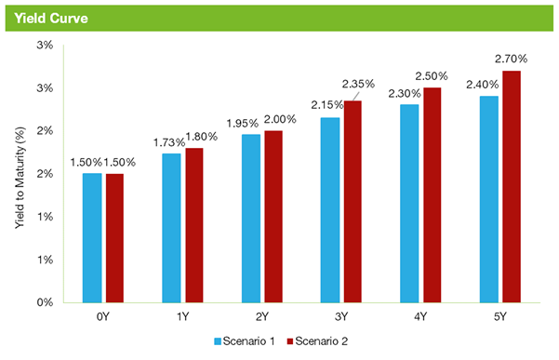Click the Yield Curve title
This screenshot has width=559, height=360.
click(51, 19)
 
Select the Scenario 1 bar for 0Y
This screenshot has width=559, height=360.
click(92, 238)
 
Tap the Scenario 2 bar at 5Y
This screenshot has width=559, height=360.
click(512, 187)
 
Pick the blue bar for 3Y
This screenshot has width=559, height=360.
click(330, 210)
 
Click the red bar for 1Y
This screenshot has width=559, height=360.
click(194, 225)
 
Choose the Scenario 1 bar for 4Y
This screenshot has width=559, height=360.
click(409, 204)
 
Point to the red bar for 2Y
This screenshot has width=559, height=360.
click(273, 217)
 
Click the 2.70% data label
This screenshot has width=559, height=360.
click(511, 59)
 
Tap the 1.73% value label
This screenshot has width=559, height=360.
click(169, 142)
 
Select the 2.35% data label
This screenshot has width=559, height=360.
click(358, 84)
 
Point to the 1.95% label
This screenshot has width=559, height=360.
click(243, 124)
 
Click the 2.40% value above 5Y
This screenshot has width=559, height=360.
click(483, 85)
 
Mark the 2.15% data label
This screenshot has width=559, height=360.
click(327, 105)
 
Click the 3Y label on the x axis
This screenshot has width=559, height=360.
click(341, 316)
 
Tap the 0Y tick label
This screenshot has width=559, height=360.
click(102, 316)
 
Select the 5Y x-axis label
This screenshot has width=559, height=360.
click(500, 316)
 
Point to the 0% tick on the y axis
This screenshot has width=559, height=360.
click(45, 302)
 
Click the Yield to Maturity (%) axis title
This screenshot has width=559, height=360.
click(20, 178)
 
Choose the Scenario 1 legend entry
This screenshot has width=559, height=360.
click(245, 341)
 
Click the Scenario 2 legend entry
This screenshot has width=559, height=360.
click(317, 341)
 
